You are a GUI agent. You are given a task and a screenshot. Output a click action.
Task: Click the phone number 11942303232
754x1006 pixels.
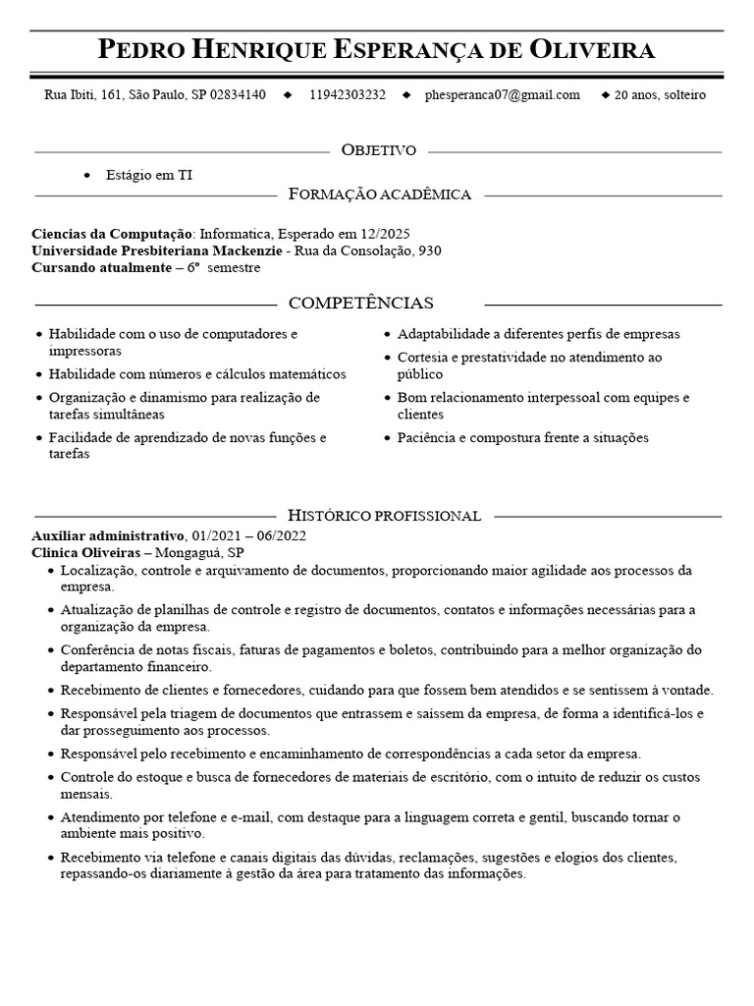(x=347, y=95)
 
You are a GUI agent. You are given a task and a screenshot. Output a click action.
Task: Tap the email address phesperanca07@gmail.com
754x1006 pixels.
(x=502, y=95)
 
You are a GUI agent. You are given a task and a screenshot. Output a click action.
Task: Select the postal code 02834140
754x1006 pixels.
(x=238, y=95)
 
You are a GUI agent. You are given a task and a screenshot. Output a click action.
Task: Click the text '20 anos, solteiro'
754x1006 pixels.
(x=660, y=95)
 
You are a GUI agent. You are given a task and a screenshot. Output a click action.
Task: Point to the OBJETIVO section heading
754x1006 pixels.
(x=378, y=150)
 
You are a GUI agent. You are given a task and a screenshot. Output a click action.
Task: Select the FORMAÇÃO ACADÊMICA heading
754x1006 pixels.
(x=380, y=195)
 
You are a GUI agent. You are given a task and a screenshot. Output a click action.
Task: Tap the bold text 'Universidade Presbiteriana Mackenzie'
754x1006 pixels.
(x=156, y=251)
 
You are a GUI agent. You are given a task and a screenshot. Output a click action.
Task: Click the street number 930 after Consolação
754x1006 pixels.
(x=429, y=251)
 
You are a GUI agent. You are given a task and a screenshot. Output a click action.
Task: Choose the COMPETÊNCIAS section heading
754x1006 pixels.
(x=361, y=303)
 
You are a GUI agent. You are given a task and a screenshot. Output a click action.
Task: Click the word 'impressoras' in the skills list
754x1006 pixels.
(x=84, y=351)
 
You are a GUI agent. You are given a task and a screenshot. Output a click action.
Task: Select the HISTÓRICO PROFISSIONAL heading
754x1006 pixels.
(x=384, y=516)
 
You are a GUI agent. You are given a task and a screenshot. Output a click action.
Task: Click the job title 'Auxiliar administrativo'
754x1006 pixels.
(x=108, y=536)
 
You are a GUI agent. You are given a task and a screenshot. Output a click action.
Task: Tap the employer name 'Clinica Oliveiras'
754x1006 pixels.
(x=85, y=553)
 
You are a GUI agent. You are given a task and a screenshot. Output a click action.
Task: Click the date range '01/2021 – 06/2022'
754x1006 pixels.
(x=249, y=536)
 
